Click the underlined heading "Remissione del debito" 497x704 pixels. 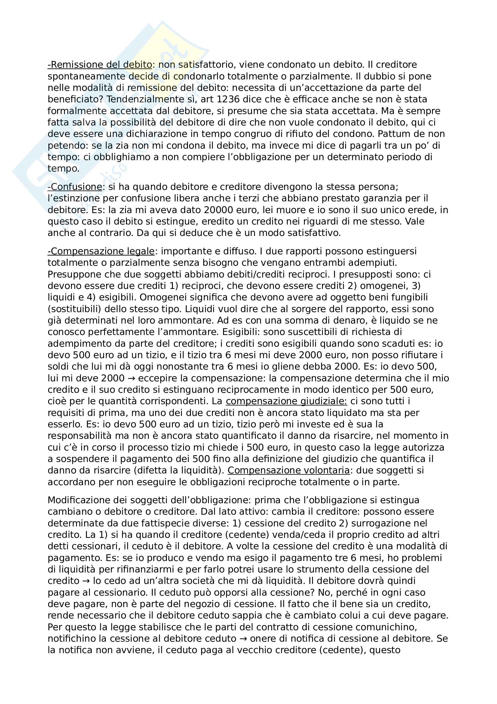(x=100, y=65)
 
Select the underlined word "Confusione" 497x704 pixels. (x=75, y=187)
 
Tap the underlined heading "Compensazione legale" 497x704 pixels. (x=101, y=251)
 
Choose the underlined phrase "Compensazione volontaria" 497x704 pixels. (x=288, y=470)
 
